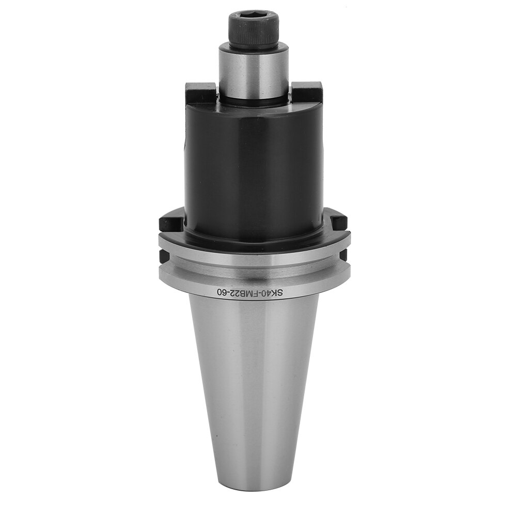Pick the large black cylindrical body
coord(253,170)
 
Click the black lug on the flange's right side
coord(338,223)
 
